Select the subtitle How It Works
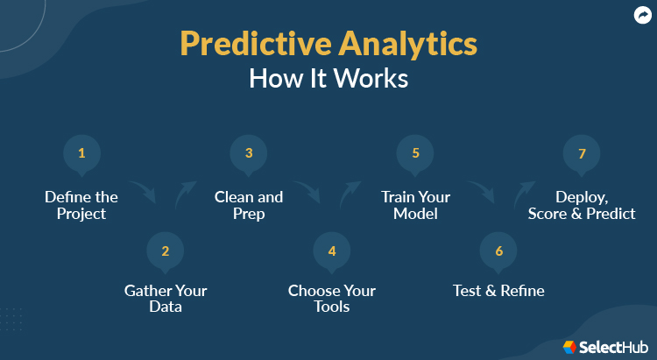click(328, 79)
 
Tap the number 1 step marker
click(81, 153)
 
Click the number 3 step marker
click(249, 153)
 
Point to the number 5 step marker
click(415, 153)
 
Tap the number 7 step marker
click(582, 153)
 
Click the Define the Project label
click(81, 205)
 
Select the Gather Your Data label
click(165, 299)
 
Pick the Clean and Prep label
click(249, 205)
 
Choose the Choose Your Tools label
click(332, 299)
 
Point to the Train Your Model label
click(415, 205)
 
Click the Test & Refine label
click(498, 291)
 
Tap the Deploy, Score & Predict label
click(582, 205)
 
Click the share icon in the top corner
click(641, 15)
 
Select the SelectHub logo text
click(617, 348)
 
